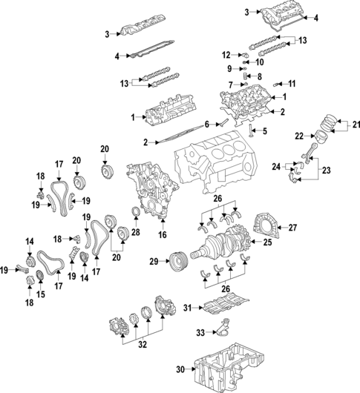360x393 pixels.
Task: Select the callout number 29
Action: click(x=154, y=262)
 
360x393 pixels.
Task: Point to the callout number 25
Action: click(x=269, y=241)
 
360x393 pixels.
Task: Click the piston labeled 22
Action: click(x=324, y=136)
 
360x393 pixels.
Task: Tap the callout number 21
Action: click(x=355, y=123)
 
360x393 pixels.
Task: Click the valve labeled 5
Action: click(x=253, y=134)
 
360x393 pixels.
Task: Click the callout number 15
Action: click(x=41, y=294)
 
